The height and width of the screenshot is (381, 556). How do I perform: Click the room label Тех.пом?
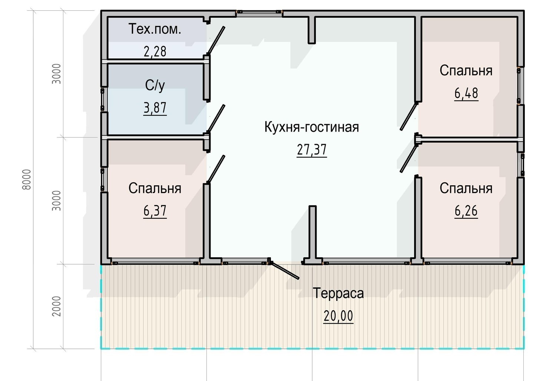tap(155, 29)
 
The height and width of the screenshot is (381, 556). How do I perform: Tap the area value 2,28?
tap(155, 51)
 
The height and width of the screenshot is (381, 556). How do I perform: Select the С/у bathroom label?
tap(155, 85)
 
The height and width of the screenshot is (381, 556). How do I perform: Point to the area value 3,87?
tap(155, 108)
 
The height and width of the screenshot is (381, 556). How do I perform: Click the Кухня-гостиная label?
tap(311, 127)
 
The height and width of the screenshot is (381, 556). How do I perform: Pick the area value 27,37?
tap(311, 150)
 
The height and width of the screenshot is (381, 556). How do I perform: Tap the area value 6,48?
tap(466, 93)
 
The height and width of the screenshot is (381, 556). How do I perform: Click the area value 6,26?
tap(466, 211)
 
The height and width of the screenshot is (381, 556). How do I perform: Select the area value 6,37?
tap(155, 211)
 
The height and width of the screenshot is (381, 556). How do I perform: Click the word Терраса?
tap(338, 293)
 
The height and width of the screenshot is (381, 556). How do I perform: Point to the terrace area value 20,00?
tap(338, 316)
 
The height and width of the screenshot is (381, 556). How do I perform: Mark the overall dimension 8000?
tap(27, 179)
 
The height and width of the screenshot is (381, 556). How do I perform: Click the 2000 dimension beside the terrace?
tap(56, 306)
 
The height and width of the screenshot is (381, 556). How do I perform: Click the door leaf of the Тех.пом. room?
tap(216, 40)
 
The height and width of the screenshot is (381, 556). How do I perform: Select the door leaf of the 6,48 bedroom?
tap(409, 116)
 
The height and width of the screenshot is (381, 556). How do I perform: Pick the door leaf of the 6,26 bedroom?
tap(409, 159)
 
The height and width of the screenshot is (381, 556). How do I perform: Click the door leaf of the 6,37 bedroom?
tap(216, 169)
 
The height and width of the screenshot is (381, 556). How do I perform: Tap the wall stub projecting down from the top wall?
tap(311, 30)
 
